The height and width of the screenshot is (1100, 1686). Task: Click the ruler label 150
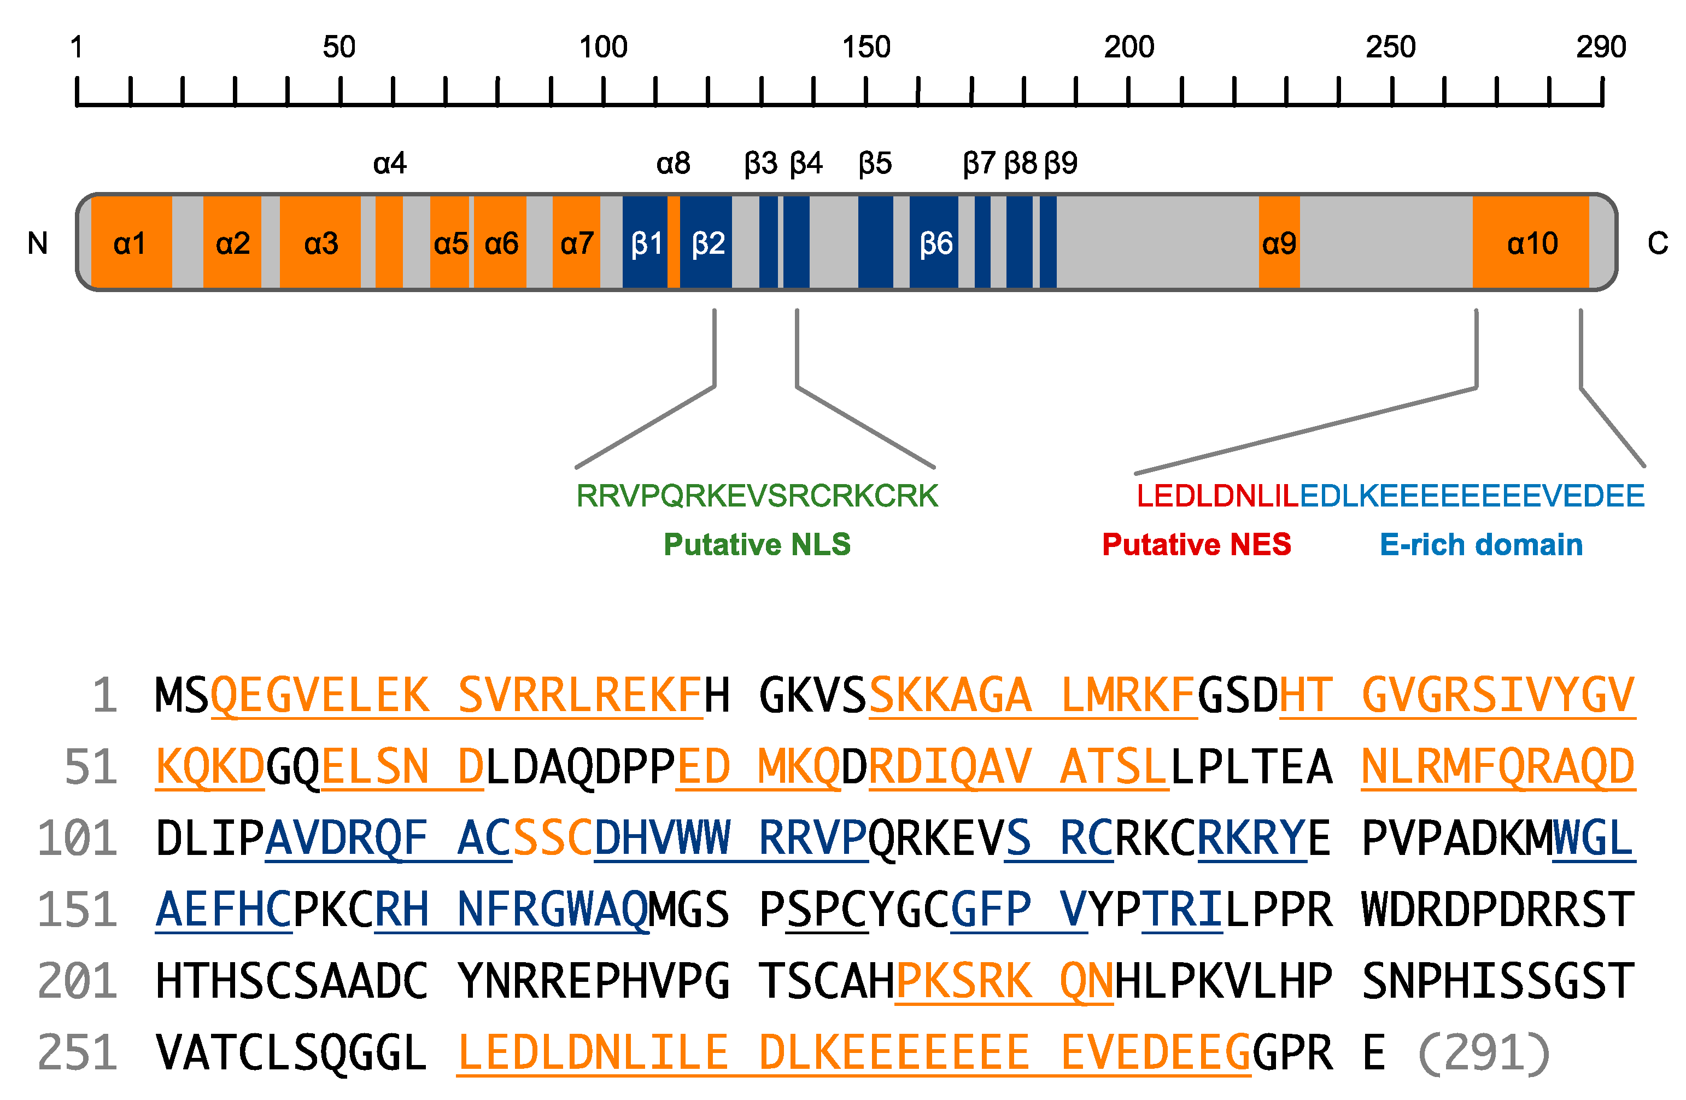coord(865,48)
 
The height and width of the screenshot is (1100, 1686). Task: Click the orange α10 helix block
coord(1532,243)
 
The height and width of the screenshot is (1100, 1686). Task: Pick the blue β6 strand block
coord(934,243)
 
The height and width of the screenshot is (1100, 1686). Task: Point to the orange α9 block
coord(1279,243)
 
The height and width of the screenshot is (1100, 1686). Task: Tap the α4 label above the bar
coord(390,164)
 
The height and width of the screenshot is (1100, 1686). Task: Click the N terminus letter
coord(38,243)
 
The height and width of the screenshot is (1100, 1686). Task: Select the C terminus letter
coord(1658,243)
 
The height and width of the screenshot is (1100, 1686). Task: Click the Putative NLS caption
coord(757,544)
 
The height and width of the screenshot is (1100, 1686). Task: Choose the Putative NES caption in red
coord(1197,544)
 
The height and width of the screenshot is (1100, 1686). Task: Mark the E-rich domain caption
coord(1480,544)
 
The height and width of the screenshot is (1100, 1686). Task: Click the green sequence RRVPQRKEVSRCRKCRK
coord(757,496)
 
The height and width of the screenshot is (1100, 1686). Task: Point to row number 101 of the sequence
coord(77,839)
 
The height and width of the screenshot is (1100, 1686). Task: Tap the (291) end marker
coord(1485,1053)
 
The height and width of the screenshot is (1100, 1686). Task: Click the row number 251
coord(77,1053)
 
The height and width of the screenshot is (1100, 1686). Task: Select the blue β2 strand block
coord(707,243)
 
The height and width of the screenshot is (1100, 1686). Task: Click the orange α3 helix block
coord(321,243)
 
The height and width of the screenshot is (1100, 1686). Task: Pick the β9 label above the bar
coord(1061,164)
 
